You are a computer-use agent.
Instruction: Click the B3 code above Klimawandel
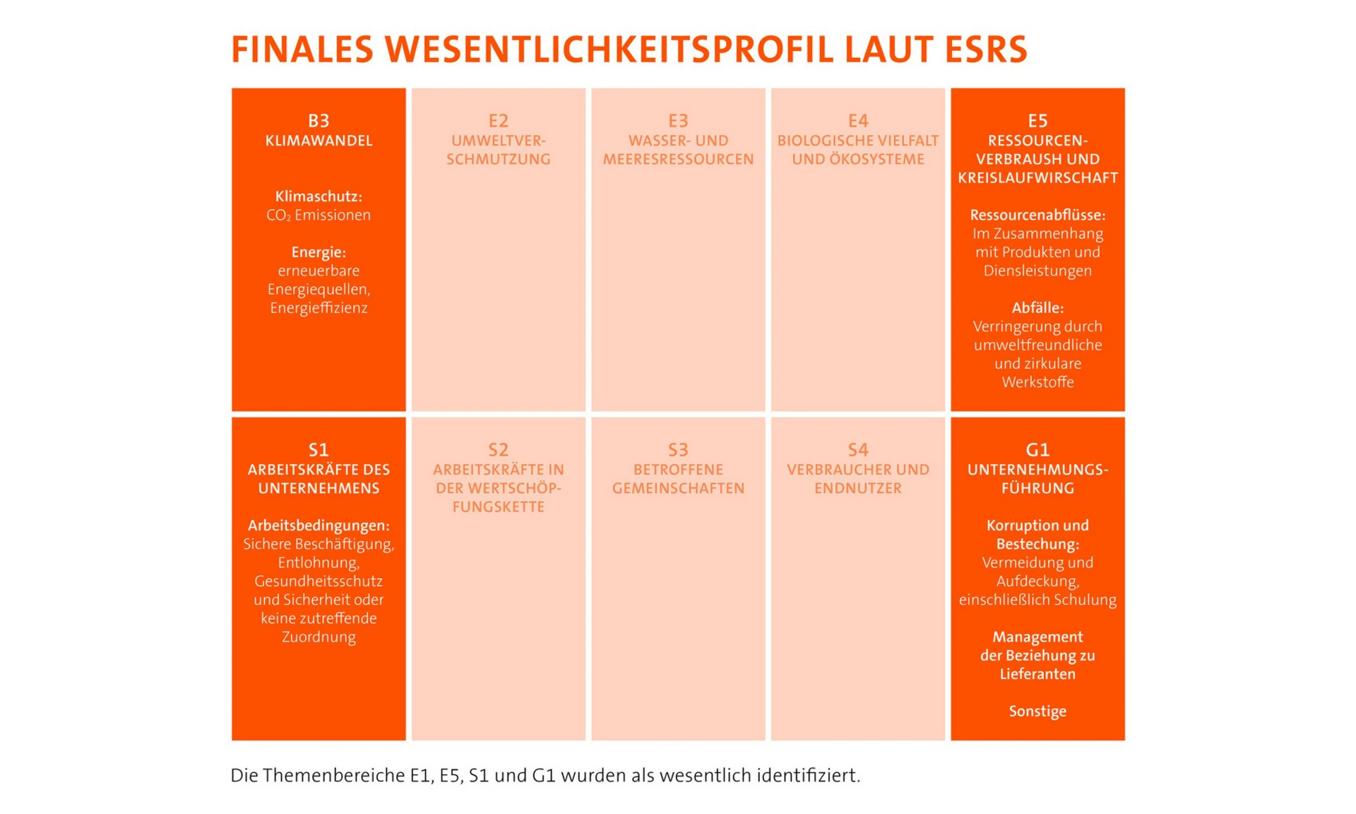[319, 121]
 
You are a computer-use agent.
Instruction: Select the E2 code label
[498, 121]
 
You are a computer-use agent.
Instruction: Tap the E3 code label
[678, 121]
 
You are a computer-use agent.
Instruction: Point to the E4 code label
[857, 121]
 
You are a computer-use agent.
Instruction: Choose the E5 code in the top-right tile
[1037, 121]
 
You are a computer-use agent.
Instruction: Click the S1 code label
[319, 449]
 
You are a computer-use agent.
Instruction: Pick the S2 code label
[498, 449]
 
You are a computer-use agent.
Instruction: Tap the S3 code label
[678, 449]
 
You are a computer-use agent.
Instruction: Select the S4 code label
[857, 449]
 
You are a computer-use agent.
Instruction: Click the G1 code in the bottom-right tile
[1037, 449]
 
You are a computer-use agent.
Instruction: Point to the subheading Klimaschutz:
[319, 196]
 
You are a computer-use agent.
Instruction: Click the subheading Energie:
[319, 252]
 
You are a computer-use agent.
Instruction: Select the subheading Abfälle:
[1037, 308]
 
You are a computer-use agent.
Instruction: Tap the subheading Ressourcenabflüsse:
[1037, 215]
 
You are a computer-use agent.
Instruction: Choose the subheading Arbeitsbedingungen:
[319, 526]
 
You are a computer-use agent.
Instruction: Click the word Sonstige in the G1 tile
[1037, 712]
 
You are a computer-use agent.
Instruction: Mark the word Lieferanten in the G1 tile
[1037, 674]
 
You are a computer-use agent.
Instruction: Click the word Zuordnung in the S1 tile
[319, 637]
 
